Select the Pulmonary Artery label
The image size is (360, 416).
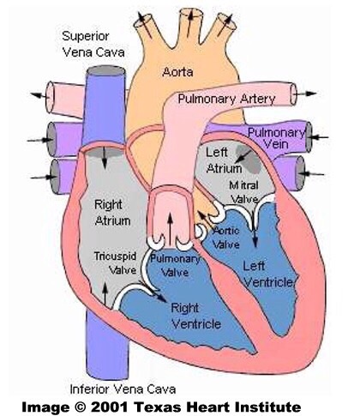pos(226,99)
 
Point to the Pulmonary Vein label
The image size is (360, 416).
pos(276,140)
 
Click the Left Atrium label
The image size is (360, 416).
pos(223,160)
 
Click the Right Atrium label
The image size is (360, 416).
pos(111,214)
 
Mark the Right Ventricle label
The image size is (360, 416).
pos(196,315)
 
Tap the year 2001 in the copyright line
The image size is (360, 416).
pos(123,404)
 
